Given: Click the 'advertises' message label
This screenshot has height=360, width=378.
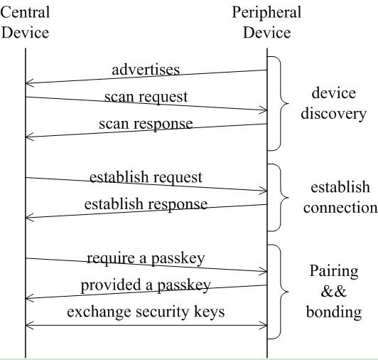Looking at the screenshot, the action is pyautogui.click(x=146, y=70).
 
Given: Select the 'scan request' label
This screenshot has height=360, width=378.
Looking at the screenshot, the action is pyautogui.click(x=146, y=97).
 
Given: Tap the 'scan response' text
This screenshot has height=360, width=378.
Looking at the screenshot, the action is pyautogui.click(x=146, y=124).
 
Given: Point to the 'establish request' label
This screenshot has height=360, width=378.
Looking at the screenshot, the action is pyautogui.click(x=146, y=177).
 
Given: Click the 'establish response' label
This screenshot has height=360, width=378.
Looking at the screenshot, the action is pyautogui.click(x=146, y=204).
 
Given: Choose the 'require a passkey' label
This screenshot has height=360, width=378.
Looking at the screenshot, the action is pyautogui.click(x=146, y=258).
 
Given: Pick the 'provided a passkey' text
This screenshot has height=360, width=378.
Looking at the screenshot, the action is pyautogui.click(x=146, y=285).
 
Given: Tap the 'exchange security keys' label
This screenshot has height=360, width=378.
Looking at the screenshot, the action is pyautogui.click(x=146, y=312).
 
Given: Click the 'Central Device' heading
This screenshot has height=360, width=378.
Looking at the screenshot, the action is pyautogui.click(x=25, y=22).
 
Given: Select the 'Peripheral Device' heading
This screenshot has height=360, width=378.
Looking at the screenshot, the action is pyautogui.click(x=266, y=22).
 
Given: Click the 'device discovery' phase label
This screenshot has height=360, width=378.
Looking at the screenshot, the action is pyautogui.click(x=334, y=104).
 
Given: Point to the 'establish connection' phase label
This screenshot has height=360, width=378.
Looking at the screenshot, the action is pyautogui.click(x=340, y=197).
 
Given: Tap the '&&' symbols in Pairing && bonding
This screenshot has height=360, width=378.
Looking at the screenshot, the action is pyautogui.click(x=334, y=292).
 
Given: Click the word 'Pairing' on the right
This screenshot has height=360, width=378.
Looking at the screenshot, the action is pyautogui.click(x=334, y=271).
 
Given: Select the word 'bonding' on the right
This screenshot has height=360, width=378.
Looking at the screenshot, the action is pyautogui.click(x=334, y=312).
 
